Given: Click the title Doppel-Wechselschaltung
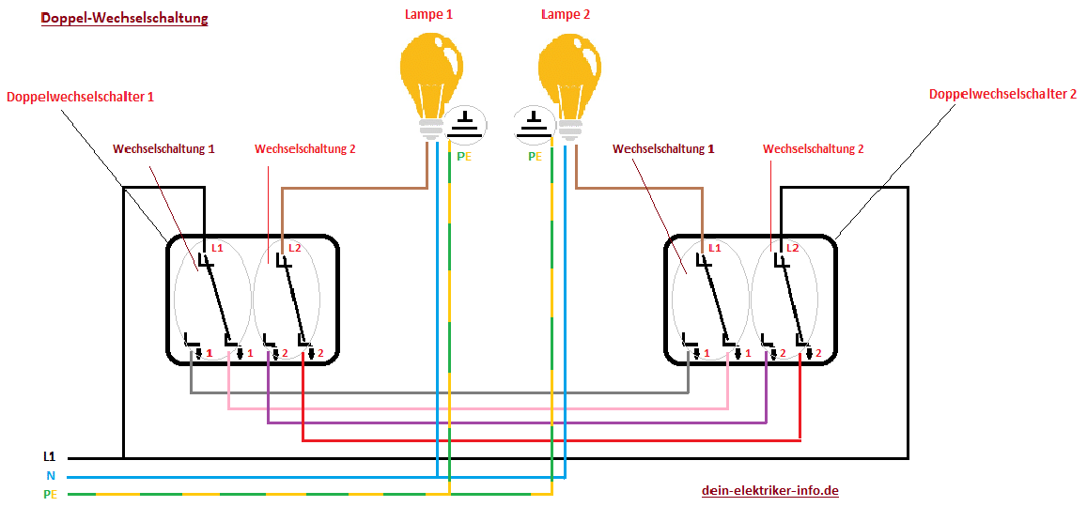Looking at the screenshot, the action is pyautogui.click(x=125, y=19).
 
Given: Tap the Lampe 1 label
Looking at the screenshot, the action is pyautogui.click(x=428, y=14).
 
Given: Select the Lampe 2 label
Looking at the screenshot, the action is pyautogui.click(x=565, y=14).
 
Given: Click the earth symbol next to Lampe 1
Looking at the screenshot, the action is pyautogui.click(x=465, y=125).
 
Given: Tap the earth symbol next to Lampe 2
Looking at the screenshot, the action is pyautogui.click(x=535, y=125).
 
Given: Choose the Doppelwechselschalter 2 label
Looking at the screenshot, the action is pyautogui.click(x=1003, y=94).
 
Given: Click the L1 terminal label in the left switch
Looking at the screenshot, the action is pyautogui.click(x=217, y=248).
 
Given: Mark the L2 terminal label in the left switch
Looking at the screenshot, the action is pyautogui.click(x=294, y=248).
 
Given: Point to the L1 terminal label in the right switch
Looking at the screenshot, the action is pyautogui.click(x=715, y=247).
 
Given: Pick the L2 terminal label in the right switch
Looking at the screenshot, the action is pyautogui.click(x=794, y=247).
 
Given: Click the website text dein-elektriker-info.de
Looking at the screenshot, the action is pyautogui.click(x=770, y=491).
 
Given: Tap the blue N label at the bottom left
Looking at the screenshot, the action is pyautogui.click(x=51, y=476).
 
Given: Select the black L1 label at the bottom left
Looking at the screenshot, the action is pyautogui.click(x=49, y=457).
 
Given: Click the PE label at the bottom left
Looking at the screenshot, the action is pyautogui.click(x=49, y=495).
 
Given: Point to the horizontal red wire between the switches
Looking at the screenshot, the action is pyautogui.click(x=551, y=439).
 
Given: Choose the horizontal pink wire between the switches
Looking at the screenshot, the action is pyautogui.click(x=478, y=408).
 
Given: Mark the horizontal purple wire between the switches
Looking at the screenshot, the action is pyautogui.click(x=517, y=422).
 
